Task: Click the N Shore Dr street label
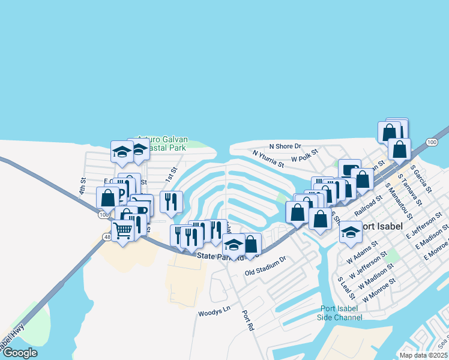coord(285,146)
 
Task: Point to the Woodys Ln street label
coord(214,313)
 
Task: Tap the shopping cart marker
coord(123,230)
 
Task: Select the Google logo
coord(19,353)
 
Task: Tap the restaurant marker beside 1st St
coord(171,201)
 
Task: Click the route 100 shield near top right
coord(432,142)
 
